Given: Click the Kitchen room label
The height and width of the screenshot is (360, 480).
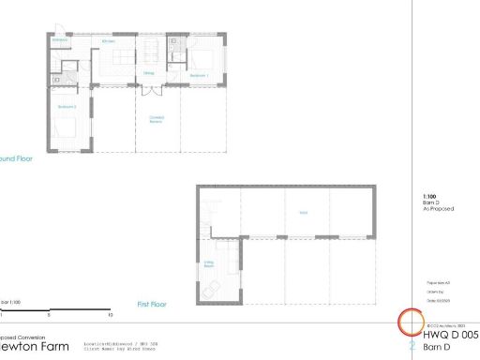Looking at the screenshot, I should point(108,41).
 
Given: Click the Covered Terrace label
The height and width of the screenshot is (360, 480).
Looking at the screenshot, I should point(157,119).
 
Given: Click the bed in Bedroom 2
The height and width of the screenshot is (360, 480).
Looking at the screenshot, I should point(67,132).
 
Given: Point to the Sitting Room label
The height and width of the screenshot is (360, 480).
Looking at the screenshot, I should point(208,265).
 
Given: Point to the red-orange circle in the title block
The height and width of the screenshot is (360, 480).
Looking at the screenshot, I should point(412,322).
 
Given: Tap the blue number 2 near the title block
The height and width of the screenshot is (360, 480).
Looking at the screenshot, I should point(412,345).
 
